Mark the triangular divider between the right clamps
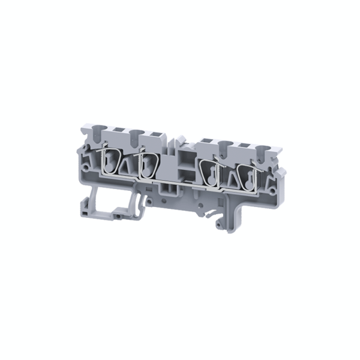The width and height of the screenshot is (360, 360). tap(229, 176)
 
